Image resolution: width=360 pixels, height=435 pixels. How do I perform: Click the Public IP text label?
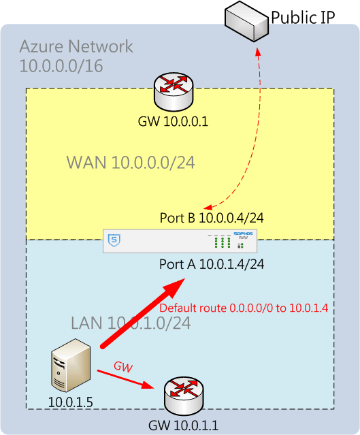click(x=303, y=18)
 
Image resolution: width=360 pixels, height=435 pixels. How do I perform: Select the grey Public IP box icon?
click(x=246, y=21)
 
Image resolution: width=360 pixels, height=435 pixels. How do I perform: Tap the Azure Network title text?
click(x=76, y=46)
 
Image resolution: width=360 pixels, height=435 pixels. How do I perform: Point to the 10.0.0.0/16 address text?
click(x=61, y=66)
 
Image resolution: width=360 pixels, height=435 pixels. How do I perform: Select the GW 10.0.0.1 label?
click(x=173, y=121)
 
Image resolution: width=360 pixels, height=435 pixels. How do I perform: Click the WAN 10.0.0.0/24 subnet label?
click(x=131, y=162)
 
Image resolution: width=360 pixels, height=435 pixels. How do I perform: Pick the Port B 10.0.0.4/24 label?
click(x=212, y=218)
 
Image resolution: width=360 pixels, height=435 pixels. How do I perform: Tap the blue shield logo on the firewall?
click(x=114, y=240)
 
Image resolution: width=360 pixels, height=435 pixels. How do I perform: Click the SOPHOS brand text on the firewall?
click(x=243, y=233)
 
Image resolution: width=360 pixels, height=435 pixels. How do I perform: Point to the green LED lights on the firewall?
click(x=222, y=242)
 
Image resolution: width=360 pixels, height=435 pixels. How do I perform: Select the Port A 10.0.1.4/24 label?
click(x=212, y=264)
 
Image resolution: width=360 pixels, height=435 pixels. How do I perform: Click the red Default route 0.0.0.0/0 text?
click(x=244, y=308)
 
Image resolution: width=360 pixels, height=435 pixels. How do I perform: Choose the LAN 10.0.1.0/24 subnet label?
click(x=131, y=323)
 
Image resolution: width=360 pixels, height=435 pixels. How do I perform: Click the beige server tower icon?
click(x=71, y=366)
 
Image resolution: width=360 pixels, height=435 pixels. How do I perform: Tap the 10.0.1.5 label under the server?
click(x=71, y=402)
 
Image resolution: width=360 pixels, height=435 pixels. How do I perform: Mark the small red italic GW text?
click(x=123, y=367)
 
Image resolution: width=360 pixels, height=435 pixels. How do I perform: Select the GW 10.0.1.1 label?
click(x=183, y=425)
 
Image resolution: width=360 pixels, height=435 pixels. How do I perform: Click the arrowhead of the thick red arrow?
click(x=176, y=288)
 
